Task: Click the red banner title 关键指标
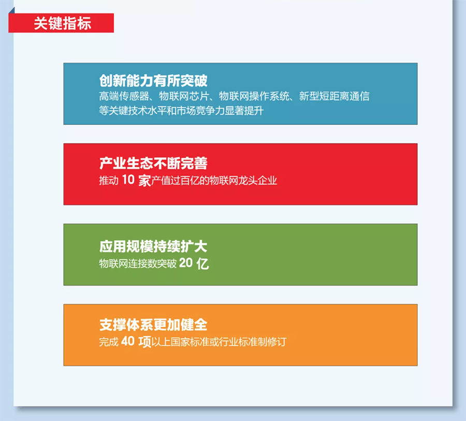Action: click(63, 23)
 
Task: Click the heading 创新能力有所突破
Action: click(153, 81)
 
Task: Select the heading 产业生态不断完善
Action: click(153, 163)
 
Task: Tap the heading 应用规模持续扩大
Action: click(153, 246)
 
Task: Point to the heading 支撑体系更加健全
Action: click(153, 324)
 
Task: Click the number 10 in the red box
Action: click(128, 180)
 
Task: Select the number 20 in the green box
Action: click(186, 263)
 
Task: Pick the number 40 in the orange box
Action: click(128, 341)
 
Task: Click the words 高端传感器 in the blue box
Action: click(124, 96)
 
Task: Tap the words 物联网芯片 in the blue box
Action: click(184, 96)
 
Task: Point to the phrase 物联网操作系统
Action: click(254, 96)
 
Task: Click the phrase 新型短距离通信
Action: click(334, 96)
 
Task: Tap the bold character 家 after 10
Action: click(145, 181)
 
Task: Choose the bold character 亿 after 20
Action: click(202, 263)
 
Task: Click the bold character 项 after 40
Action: click(145, 342)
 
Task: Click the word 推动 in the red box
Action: click(109, 181)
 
